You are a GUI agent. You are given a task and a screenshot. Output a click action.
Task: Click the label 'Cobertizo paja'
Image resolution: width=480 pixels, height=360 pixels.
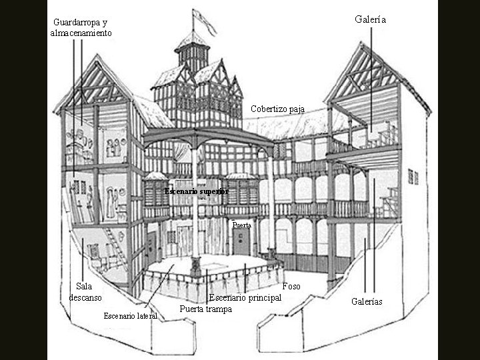(277, 109)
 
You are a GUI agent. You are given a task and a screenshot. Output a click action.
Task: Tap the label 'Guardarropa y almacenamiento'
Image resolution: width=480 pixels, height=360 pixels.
(81, 27)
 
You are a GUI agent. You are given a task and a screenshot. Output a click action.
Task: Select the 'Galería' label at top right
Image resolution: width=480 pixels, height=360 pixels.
(371, 19)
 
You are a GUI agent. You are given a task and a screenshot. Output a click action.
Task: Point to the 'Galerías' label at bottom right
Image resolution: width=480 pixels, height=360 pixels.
(367, 301)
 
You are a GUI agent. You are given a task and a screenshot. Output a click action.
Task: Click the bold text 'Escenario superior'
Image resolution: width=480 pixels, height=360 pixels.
(197, 191)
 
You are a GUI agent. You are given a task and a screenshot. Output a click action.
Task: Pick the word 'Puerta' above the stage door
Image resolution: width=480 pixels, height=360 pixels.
(241, 225)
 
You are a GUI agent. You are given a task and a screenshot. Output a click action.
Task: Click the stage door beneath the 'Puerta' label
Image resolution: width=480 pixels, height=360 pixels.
(241, 242)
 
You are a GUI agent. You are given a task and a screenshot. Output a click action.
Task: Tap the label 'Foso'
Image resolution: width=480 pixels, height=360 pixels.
(291, 286)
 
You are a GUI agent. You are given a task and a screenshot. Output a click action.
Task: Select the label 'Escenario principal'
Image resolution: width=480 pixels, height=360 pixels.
(245, 297)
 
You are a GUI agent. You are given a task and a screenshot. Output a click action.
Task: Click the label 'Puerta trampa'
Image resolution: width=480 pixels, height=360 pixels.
(206, 309)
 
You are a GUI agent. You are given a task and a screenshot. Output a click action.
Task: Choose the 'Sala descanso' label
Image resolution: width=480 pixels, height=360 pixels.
(85, 292)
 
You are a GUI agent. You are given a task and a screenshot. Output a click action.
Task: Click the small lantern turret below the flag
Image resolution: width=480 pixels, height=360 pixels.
(193, 52)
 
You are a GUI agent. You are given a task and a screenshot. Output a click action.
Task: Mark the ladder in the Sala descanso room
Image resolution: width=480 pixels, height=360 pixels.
(115, 247)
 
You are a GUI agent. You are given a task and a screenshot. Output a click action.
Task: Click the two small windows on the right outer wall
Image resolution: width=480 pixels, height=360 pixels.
(413, 177)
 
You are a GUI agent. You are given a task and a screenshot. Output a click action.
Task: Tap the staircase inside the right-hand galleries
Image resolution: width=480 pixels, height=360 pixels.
(390, 202)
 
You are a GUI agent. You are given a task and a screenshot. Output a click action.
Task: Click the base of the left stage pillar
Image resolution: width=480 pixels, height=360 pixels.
(195, 266)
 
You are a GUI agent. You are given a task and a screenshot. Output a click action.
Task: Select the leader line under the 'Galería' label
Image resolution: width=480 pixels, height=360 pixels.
(371, 79)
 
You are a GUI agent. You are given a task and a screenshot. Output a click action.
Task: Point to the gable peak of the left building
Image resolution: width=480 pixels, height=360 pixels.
(97, 55)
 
